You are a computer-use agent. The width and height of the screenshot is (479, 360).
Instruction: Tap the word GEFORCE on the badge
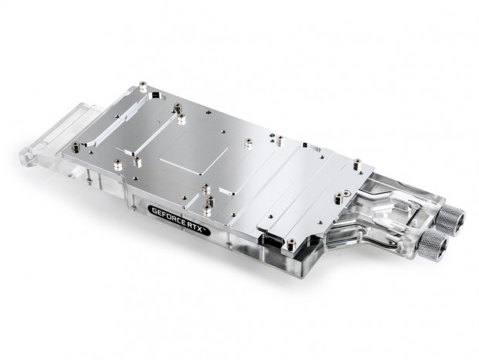click(x=168, y=216)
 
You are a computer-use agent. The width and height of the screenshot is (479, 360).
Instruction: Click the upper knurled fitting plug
click(x=450, y=218)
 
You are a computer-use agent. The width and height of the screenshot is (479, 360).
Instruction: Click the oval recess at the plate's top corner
click(x=156, y=97)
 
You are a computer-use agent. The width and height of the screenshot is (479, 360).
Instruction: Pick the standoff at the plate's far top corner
click(x=142, y=87)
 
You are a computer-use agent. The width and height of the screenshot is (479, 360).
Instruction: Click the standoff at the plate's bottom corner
click(x=292, y=244)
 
